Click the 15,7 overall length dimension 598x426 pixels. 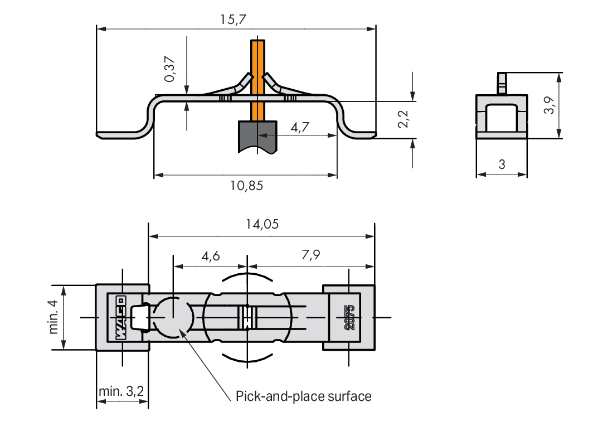(233, 20)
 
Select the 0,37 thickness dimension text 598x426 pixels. (170, 69)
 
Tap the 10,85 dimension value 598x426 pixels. (246, 186)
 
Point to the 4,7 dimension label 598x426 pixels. (300, 127)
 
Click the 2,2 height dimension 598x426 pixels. (403, 119)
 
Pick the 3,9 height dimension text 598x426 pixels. (549, 105)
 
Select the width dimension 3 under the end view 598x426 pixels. (502, 164)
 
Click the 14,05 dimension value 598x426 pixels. (262, 224)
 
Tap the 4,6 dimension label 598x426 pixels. (211, 256)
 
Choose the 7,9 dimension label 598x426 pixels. (311, 254)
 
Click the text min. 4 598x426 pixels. (54, 317)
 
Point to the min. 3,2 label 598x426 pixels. (121, 391)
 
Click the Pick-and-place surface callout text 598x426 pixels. (304, 396)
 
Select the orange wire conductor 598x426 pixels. (257, 80)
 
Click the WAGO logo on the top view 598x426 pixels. (120, 318)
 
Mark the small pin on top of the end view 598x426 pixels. (502, 84)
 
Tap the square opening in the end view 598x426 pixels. (502, 118)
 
